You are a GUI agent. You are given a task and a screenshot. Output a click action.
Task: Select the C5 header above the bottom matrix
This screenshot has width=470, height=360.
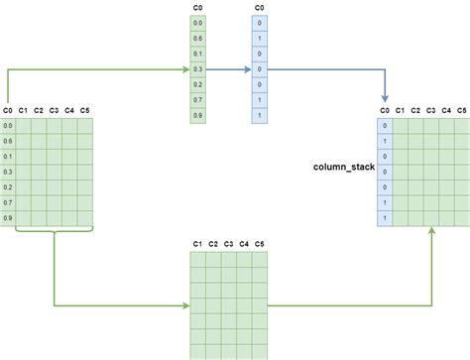(260, 243)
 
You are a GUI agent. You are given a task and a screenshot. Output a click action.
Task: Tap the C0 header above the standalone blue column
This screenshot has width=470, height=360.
(259, 7)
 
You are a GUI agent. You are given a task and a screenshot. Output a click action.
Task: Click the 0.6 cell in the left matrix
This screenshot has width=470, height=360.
(8, 141)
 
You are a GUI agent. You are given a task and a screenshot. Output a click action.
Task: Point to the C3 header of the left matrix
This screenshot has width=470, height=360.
(54, 110)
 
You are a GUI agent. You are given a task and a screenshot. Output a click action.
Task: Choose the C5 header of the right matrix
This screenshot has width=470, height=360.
(462, 110)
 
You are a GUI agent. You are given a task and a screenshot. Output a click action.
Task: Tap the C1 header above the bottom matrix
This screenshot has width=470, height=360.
(197, 243)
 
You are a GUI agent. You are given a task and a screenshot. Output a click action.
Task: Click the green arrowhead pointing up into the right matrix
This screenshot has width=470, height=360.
(431, 230)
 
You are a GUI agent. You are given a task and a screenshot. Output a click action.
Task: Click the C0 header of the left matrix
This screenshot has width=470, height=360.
(8, 110)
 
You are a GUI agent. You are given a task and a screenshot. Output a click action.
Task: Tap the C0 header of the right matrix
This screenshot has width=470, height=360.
(385, 110)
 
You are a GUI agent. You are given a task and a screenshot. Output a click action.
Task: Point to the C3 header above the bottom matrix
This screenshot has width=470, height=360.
(228, 243)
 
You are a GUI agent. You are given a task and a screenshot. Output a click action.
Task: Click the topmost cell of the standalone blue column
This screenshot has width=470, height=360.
(259, 23)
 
